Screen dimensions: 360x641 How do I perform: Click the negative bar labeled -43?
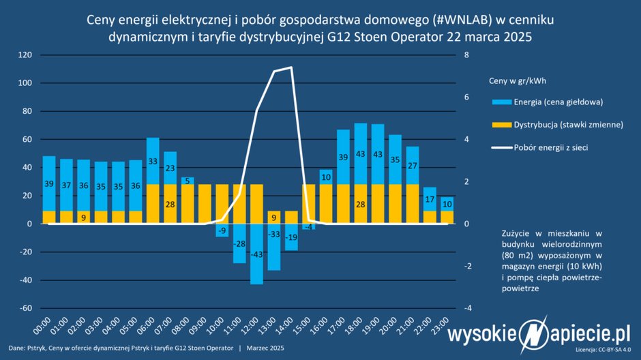coord(256,254)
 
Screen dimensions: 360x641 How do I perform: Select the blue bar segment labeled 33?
coord(153,161)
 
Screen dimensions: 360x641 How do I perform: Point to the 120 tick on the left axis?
coord(25,55)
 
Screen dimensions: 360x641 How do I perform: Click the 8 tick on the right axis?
coord(466,55)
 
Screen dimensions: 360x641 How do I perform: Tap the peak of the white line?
coord(291,67)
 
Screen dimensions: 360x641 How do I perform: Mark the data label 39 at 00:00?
coord(49,184)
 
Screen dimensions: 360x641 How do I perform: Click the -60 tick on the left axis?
coord(25,308)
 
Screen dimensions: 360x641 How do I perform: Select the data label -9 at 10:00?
coord(222,230)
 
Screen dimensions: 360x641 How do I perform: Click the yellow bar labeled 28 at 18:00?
coord(361,204)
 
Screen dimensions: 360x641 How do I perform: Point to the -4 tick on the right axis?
coord(466,308)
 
